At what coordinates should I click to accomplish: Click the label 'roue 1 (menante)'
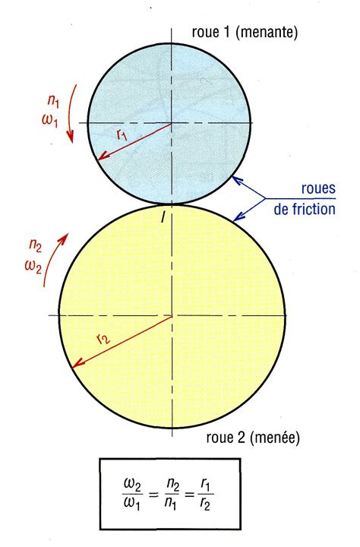(245, 32)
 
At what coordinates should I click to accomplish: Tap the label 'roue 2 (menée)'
(253, 438)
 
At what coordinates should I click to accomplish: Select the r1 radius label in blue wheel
(122, 134)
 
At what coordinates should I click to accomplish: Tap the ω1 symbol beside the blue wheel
(50, 120)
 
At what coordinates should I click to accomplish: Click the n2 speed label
(35, 246)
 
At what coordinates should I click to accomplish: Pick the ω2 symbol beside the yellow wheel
(33, 267)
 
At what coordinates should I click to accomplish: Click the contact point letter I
(163, 218)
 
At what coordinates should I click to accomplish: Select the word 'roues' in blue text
(318, 188)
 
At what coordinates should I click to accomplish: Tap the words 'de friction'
(305, 209)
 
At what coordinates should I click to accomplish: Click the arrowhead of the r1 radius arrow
(101, 157)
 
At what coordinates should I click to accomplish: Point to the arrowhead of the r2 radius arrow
(76, 365)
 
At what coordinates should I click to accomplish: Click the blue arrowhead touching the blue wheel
(236, 180)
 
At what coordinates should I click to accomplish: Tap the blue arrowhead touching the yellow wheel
(238, 218)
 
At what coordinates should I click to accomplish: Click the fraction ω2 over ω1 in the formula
(133, 495)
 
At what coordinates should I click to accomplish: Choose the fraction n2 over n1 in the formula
(171, 495)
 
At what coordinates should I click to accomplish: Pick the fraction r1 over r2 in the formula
(206, 495)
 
